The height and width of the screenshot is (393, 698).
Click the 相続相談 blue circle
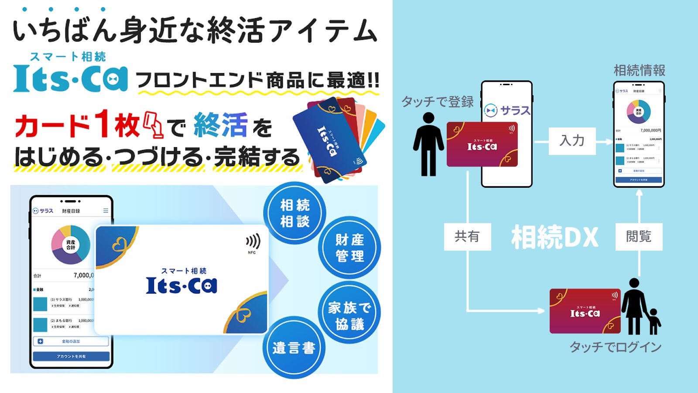tap(295, 213)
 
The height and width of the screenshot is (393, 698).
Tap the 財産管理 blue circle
tap(349, 248)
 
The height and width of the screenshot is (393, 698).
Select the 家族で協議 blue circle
tap(349, 315)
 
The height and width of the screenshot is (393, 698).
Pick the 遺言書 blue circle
tap(294, 348)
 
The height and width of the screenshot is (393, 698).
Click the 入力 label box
tap(572, 141)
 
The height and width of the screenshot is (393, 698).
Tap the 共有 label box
tap(467, 237)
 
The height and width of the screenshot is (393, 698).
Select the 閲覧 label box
tap(639, 237)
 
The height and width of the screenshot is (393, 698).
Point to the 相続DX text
tap(554, 238)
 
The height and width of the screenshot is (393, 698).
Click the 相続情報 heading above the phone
tap(639, 70)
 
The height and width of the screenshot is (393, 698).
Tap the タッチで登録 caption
tap(438, 102)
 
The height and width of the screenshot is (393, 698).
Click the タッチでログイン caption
tap(616, 347)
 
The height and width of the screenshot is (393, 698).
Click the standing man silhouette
tap(428, 144)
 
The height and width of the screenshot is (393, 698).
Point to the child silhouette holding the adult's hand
tap(654, 321)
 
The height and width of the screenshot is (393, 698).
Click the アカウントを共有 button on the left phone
tap(71, 356)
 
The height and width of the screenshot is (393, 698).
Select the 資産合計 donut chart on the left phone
tap(71, 245)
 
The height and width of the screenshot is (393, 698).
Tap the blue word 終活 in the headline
tap(221, 125)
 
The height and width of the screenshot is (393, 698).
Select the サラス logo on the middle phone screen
tap(508, 110)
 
